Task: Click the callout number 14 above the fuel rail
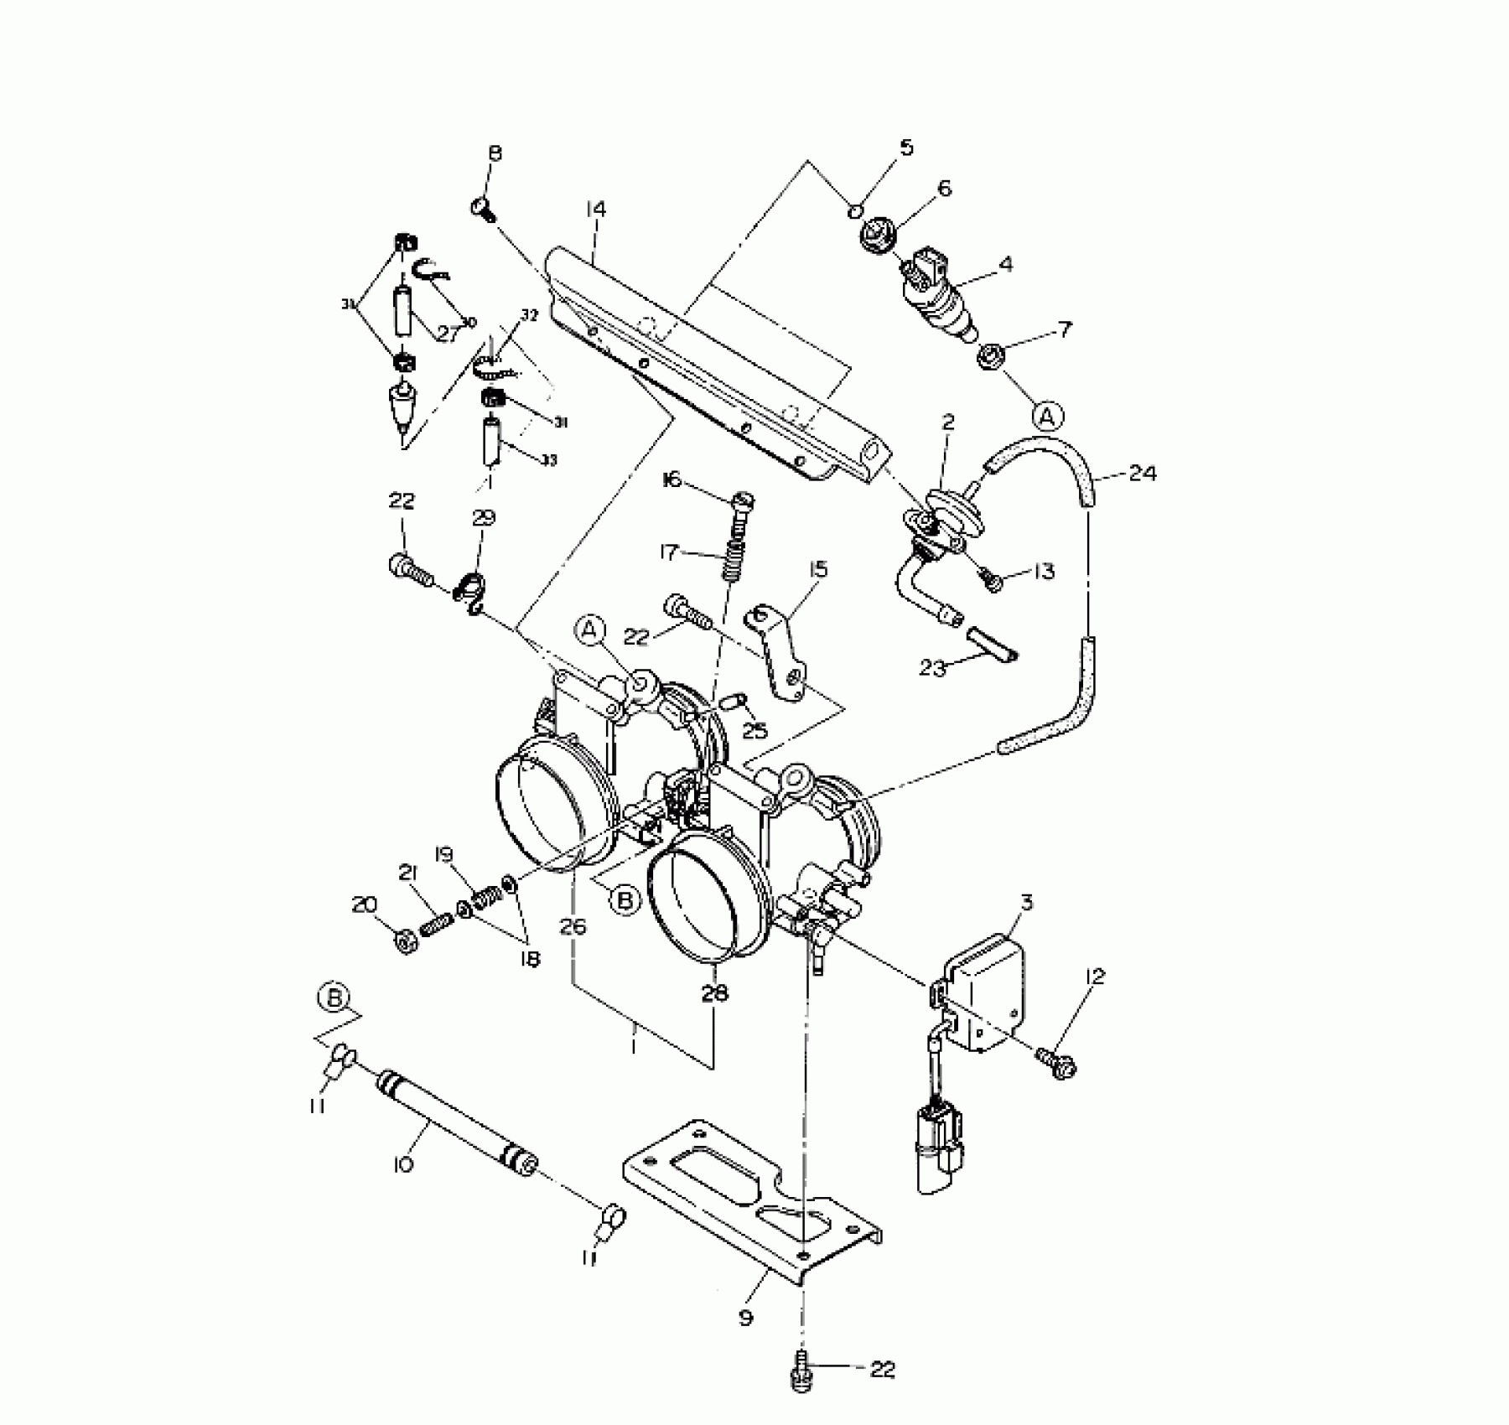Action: tap(596, 210)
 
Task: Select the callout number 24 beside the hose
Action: tap(1142, 474)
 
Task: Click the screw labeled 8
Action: tap(483, 207)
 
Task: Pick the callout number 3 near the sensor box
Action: tap(1026, 903)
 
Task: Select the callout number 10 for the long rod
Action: tap(403, 1165)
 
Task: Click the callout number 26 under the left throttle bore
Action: tap(574, 926)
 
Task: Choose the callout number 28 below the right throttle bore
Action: tap(714, 993)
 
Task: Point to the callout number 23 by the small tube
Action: tap(932, 667)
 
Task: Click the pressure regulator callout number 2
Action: tap(948, 422)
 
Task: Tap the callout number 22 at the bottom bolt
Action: tap(882, 1370)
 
